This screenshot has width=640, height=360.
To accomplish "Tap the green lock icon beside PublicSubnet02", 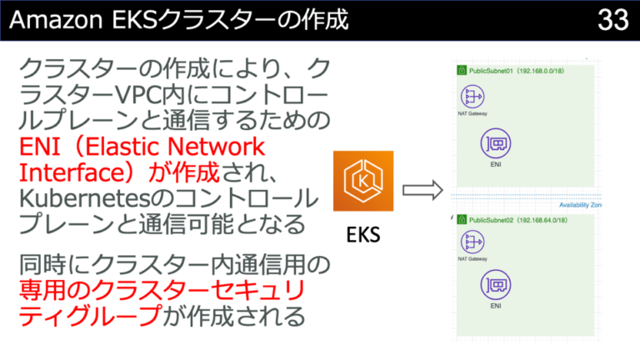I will [461, 221].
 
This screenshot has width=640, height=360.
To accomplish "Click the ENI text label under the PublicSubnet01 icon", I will [495, 165].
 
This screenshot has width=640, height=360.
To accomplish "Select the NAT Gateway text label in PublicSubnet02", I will [472, 259].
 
